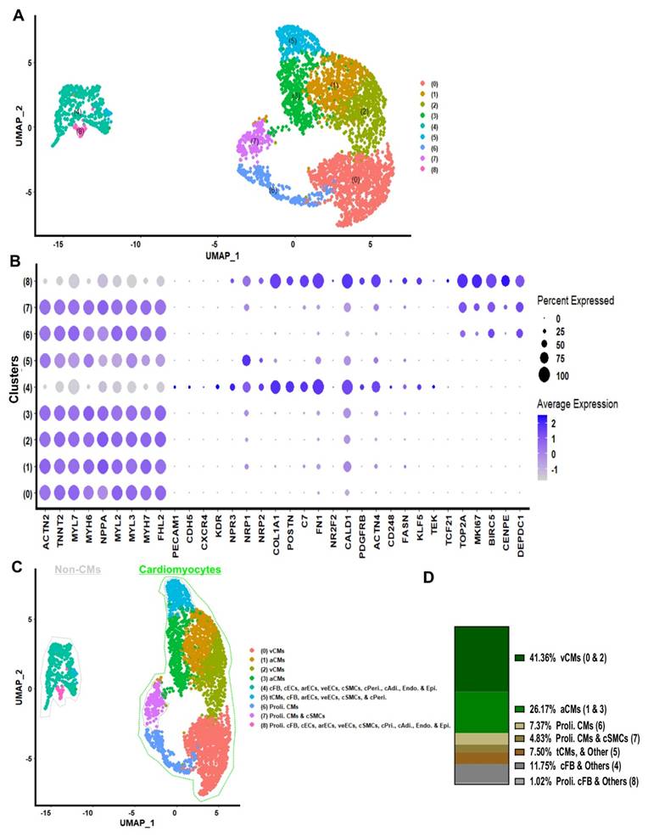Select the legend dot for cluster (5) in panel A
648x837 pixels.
coord(422,137)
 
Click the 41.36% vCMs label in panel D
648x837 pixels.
coord(567,657)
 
